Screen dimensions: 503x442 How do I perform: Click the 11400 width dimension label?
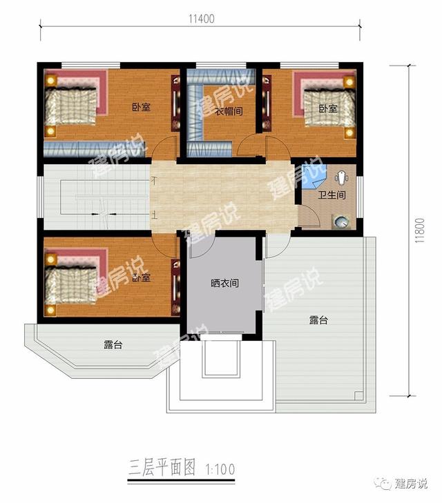[x=200, y=19]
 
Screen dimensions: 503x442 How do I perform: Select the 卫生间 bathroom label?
[x=331, y=196]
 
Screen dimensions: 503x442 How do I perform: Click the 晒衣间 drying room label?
[x=224, y=284]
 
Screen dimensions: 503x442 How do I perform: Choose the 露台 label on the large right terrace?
[x=318, y=320]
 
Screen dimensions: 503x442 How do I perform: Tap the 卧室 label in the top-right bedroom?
[x=327, y=109]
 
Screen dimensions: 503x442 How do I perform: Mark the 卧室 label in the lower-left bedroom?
[x=142, y=277]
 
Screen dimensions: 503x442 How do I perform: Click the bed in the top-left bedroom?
[x=73, y=105]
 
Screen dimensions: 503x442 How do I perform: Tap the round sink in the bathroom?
[x=341, y=221]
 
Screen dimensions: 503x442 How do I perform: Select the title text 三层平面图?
[x=160, y=470]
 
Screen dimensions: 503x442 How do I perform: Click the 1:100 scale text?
[x=220, y=470]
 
